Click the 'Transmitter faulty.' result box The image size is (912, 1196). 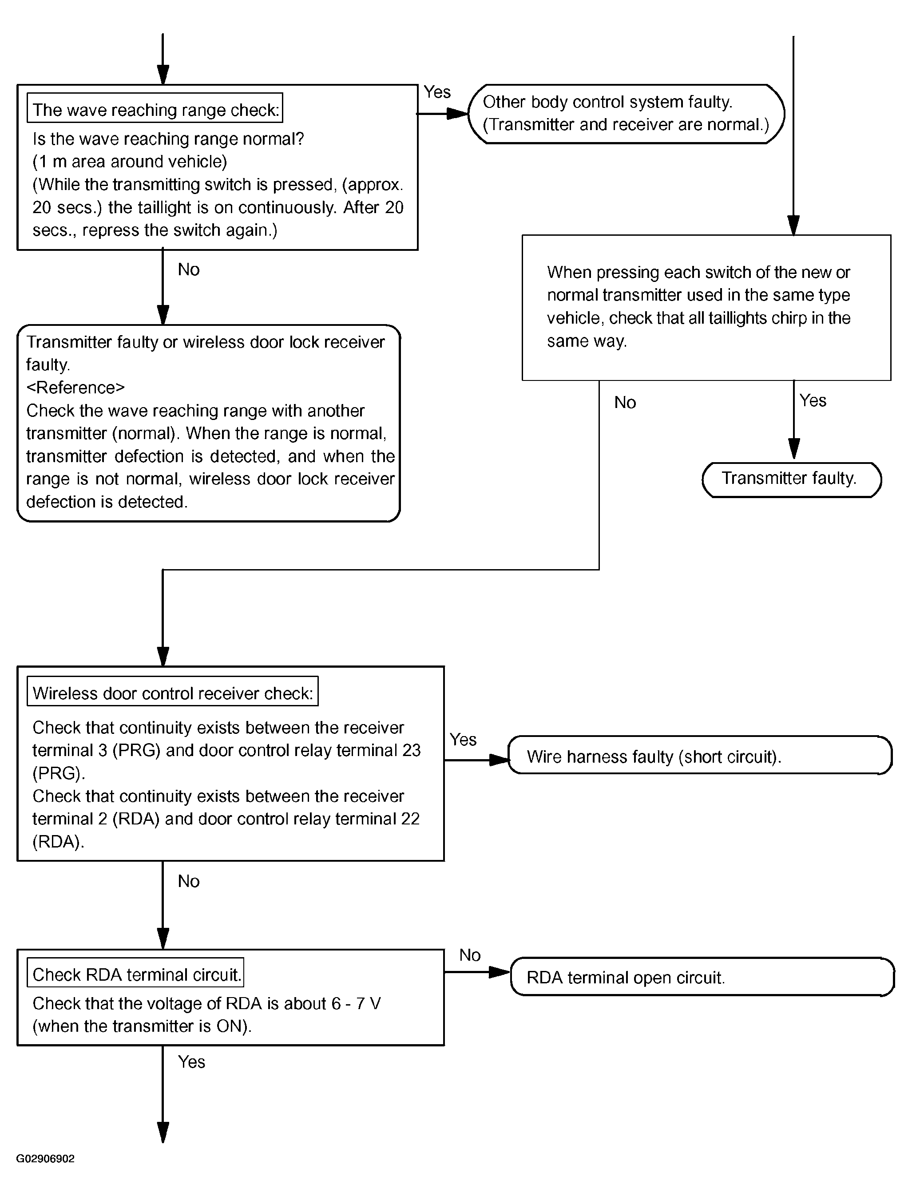click(x=792, y=480)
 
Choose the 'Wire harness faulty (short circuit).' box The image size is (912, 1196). click(x=700, y=755)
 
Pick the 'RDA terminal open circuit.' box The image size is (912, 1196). click(x=702, y=976)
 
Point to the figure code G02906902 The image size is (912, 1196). click(x=45, y=1159)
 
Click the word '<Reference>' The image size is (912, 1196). click(x=75, y=388)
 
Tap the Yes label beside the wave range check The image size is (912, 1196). click(x=437, y=92)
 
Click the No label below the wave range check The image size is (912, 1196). click(x=188, y=269)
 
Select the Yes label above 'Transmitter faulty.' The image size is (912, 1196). click(x=813, y=400)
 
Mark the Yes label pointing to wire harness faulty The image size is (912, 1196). click(x=463, y=740)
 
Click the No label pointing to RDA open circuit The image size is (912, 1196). click(x=470, y=955)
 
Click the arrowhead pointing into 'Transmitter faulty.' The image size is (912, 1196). click(x=793, y=449)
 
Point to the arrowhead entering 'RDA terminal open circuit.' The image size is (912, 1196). click(x=500, y=972)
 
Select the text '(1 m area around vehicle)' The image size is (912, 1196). click(x=130, y=162)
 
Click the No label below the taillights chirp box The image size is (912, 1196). click(x=625, y=402)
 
